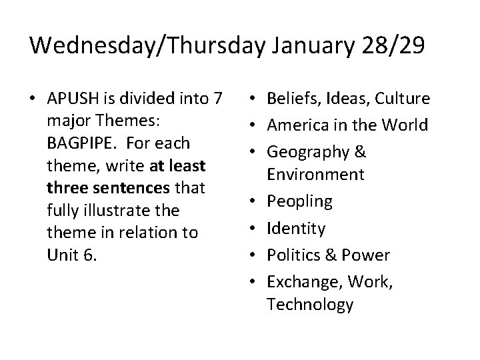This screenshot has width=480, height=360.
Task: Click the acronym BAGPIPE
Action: coord(80,143)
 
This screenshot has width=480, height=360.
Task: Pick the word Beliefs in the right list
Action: coord(289,99)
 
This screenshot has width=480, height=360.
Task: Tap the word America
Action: coord(295,125)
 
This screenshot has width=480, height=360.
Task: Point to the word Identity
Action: coord(295,228)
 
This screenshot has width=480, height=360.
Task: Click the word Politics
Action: coord(291,255)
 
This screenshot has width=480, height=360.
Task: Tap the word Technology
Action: coord(310,304)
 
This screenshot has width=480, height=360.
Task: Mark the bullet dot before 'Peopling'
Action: coord(257,201)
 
